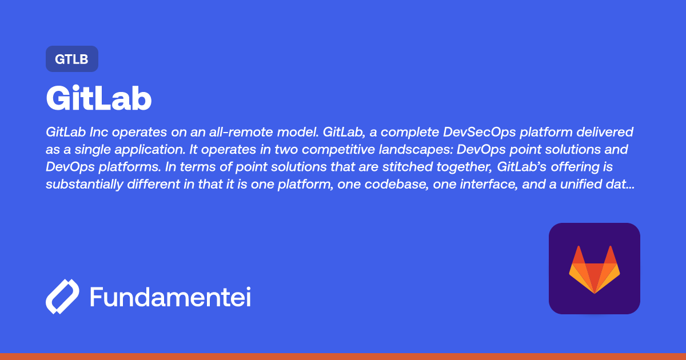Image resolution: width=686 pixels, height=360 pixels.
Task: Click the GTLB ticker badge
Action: click(71, 59)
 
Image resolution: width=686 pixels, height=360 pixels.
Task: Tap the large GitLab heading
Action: click(98, 99)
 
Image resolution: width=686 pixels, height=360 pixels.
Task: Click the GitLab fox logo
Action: click(594, 269)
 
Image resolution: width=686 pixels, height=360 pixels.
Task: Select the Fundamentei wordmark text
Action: click(170, 298)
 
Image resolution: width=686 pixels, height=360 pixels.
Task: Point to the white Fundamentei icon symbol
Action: click(62, 297)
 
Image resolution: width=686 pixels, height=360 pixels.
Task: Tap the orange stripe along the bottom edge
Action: click(343, 356)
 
